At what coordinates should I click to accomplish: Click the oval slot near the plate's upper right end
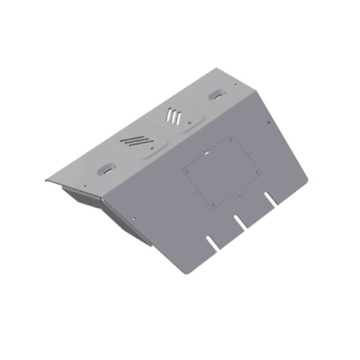click(215, 95)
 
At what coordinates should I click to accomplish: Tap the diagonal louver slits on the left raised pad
click(134, 142)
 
